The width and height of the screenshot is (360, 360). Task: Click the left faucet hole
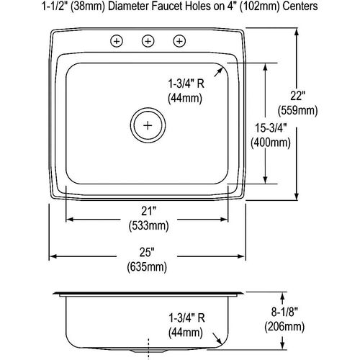click(116, 41)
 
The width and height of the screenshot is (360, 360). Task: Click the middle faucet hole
click(148, 41)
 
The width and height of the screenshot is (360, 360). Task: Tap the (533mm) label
click(148, 225)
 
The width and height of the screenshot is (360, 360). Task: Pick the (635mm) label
click(148, 267)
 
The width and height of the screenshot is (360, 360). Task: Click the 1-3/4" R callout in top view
click(186, 84)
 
